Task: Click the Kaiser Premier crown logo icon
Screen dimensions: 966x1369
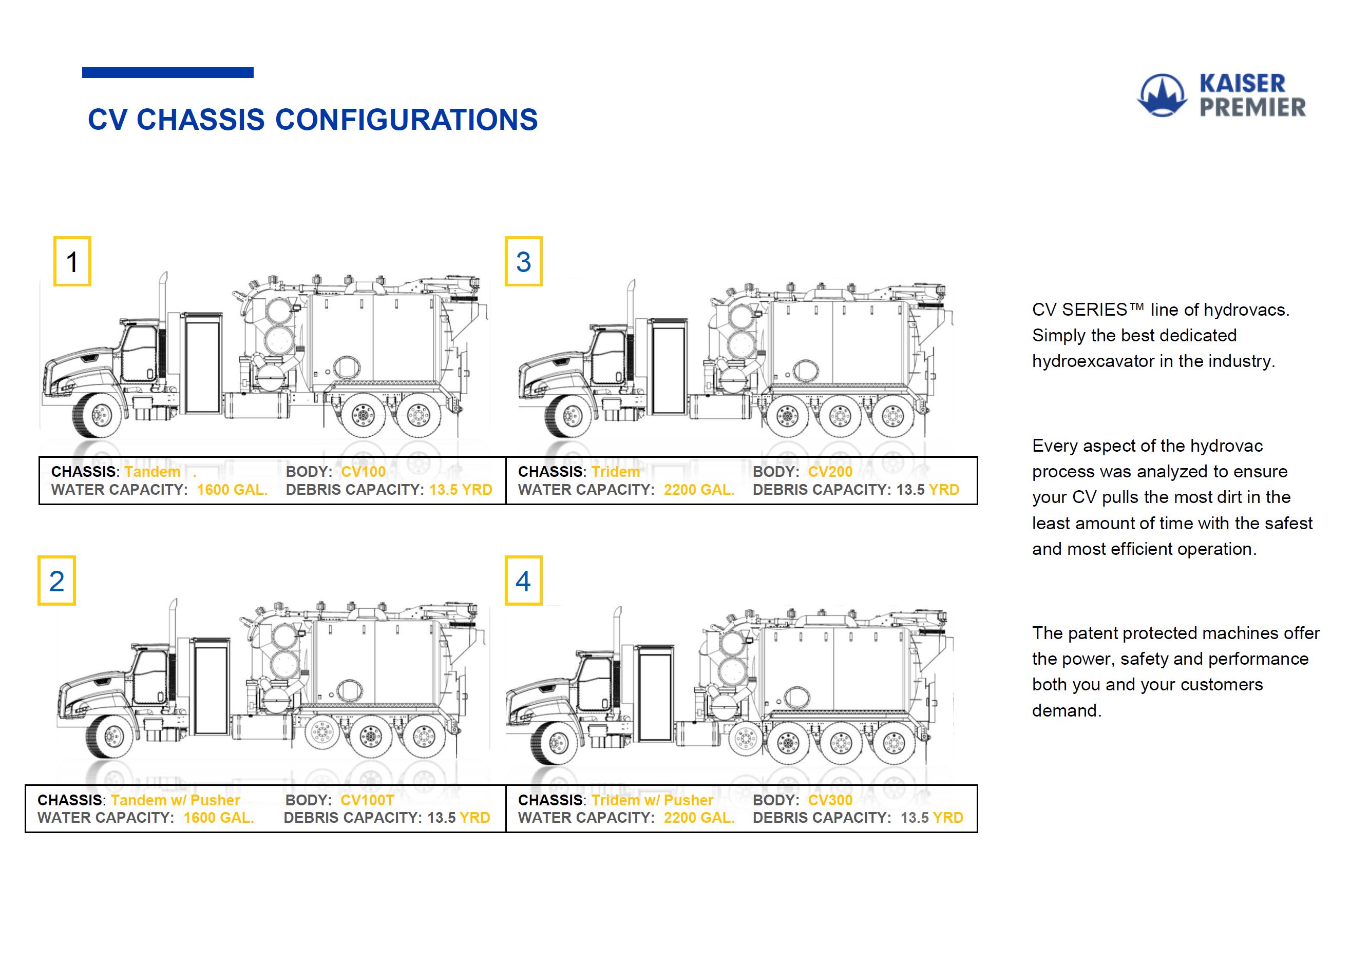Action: [x=1162, y=95]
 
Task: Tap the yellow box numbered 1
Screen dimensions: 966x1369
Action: [x=72, y=262]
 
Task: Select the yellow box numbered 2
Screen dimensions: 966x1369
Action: [x=56, y=581]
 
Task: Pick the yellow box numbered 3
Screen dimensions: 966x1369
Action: [x=523, y=262]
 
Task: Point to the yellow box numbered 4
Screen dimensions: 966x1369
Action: [x=523, y=581]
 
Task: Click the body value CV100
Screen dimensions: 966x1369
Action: [x=363, y=472]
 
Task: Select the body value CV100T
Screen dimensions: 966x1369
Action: [x=367, y=800]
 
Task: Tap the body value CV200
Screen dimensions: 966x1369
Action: [x=830, y=472]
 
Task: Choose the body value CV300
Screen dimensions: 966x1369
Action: [x=830, y=800]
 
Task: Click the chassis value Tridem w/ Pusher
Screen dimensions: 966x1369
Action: [x=652, y=800]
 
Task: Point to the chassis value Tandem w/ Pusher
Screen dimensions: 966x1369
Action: [x=175, y=800]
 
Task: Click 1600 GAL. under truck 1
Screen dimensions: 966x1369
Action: [x=232, y=490]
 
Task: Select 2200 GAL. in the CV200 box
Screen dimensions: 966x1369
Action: [x=699, y=490]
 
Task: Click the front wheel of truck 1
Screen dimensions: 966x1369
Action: [x=102, y=414]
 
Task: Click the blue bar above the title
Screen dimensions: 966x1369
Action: [x=167, y=73]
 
